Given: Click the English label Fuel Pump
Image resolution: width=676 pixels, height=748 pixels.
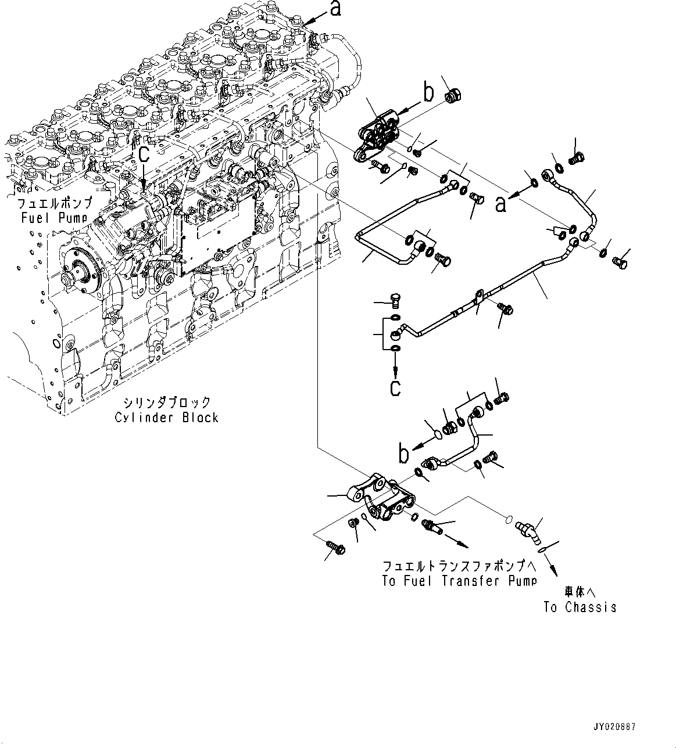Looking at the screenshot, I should point(53,218).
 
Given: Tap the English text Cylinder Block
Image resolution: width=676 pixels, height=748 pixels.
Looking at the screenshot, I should point(166,417).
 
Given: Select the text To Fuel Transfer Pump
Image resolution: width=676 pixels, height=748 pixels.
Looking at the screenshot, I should point(459,580).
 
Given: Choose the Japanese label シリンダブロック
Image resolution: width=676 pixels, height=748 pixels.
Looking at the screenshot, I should point(166,402).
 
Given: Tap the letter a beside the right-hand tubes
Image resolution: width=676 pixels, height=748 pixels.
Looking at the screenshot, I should point(502,204).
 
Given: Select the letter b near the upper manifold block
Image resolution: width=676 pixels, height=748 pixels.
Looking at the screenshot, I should point(428,92).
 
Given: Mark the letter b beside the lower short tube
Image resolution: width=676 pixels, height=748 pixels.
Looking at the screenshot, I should point(403,455).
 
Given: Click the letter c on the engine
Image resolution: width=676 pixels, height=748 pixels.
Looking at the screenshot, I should point(144,153).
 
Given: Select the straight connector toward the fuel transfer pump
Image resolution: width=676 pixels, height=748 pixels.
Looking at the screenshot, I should point(432,526).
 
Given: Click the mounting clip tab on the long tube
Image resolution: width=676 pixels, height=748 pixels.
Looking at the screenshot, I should point(478,297).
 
